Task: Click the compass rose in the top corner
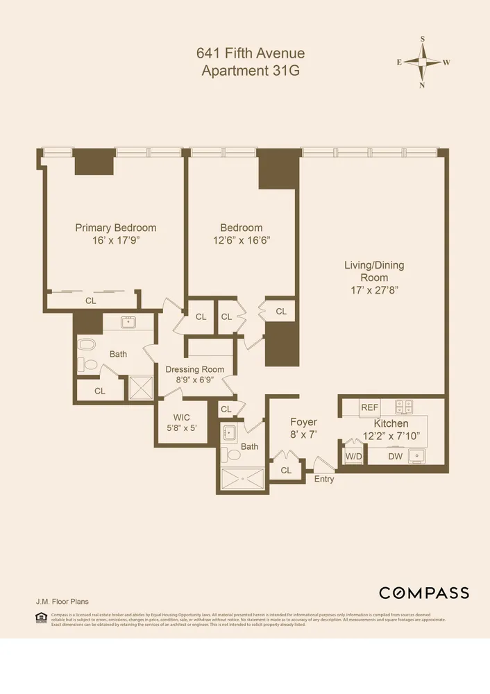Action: [x=423, y=62]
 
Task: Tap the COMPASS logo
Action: [x=423, y=593]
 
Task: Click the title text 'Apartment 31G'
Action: [x=251, y=70]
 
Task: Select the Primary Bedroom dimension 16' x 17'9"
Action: [x=115, y=240]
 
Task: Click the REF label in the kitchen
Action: [x=369, y=407]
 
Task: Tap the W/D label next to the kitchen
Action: [x=353, y=457]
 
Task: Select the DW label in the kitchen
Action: [x=395, y=457]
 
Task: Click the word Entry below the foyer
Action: [x=323, y=479]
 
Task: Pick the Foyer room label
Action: [x=303, y=422]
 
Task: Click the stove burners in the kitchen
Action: [x=404, y=407]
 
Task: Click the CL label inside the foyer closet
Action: [x=286, y=471]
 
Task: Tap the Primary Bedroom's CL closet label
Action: [x=90, y=301]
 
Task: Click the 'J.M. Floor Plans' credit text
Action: [x=62, y=602]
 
